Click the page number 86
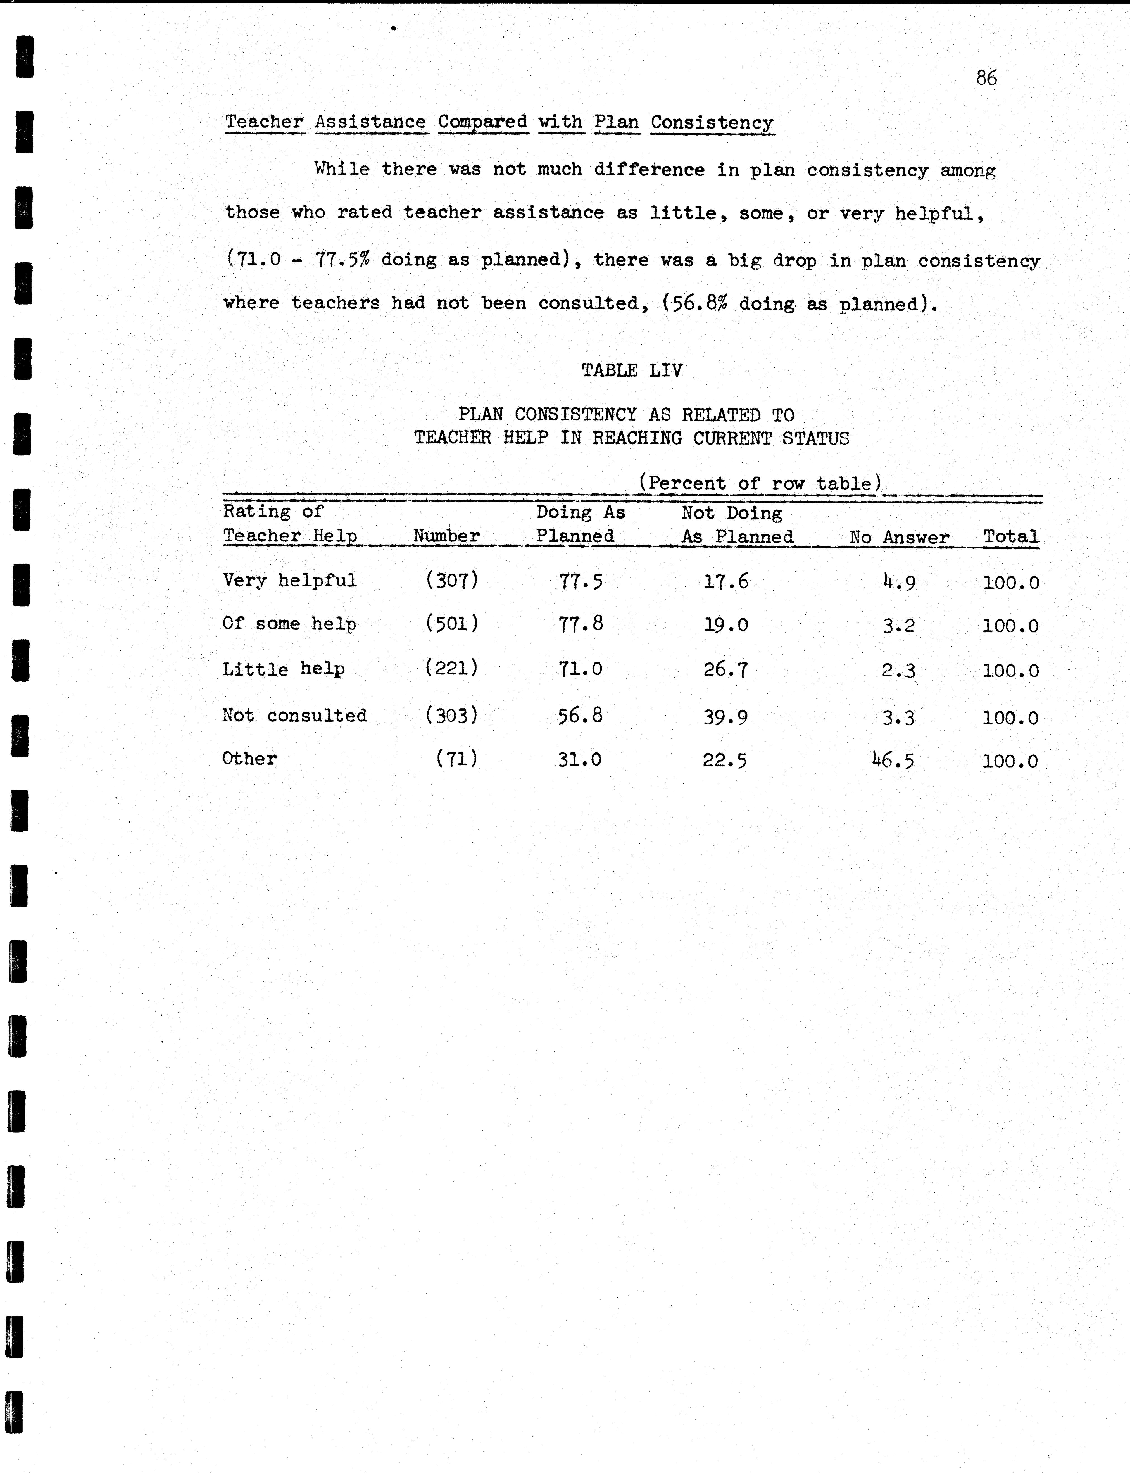pyautogui.click(x=986, y=78)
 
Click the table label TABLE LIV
pyautogui.click(x=632, y=370)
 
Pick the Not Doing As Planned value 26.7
pyautogui.click(x=725, y=669)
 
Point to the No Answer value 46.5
pyautogui.click(x=893, y=760)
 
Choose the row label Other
pyautogui.click(x=249, y=759)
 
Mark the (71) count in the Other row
pyautogui.click(x=457, y=759)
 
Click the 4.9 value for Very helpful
pyautogui.click(x=899, y=581)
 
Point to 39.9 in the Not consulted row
pyautogui.click(x=725, y=717)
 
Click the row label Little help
pyautogui.click(x=283, y=669)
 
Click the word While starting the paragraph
pyautogui.click(x=342, y=169)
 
